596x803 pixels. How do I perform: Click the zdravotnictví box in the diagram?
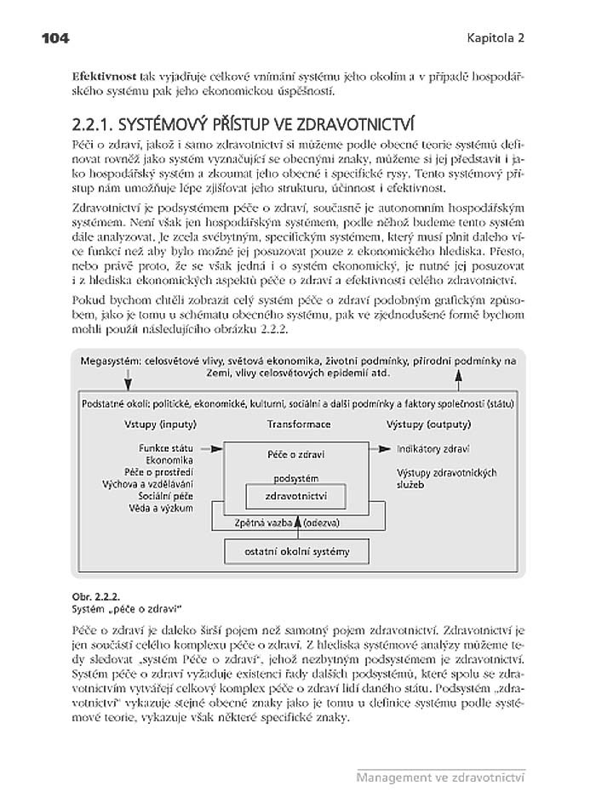pos(297,494)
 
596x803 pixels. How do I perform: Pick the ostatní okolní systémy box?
pos(297,552)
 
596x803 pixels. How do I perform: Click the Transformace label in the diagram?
pos(298,424)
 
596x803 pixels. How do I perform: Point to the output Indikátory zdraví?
pos(434,448)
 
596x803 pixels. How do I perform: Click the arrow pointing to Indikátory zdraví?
pos(381,447)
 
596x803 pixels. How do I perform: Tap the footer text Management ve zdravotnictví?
pos(439,777)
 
